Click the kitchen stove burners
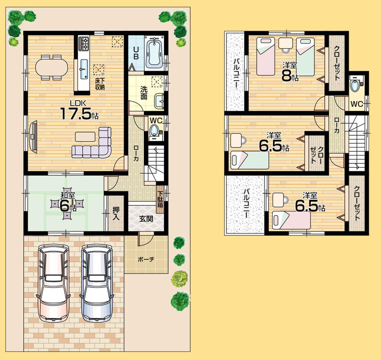point(84,43)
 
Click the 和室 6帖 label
point(67,202)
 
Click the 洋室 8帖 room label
point(290,70)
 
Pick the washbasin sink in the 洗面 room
point(160,101)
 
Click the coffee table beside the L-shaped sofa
point(85,136)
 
